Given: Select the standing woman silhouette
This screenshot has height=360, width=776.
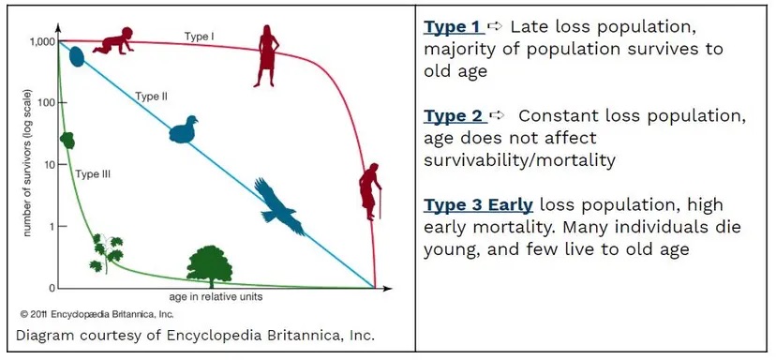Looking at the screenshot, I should point(267,55).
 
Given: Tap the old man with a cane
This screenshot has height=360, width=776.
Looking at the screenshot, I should point(370,192).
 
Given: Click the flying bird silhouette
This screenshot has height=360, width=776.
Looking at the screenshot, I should point(279,204).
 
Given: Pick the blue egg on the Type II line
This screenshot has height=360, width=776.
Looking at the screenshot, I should point(77,56).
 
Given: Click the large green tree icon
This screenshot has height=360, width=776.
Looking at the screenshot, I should point(210,267).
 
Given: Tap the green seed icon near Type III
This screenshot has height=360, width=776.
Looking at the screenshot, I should point(67,141).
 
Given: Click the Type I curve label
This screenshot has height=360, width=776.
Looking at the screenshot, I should point(199,37).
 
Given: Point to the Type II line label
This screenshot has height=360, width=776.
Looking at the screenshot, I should point(151,96).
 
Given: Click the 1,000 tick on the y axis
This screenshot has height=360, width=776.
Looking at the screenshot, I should point(42,41).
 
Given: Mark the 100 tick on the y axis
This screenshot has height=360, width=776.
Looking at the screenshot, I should point(47,102).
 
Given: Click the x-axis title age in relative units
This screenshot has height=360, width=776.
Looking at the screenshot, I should point(221,296).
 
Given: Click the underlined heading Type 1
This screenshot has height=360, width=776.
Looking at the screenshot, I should point(452,25).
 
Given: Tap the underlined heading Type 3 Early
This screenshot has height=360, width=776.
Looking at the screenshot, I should point(478,205).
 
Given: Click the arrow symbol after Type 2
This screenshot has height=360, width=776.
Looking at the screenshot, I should point(498,115).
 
